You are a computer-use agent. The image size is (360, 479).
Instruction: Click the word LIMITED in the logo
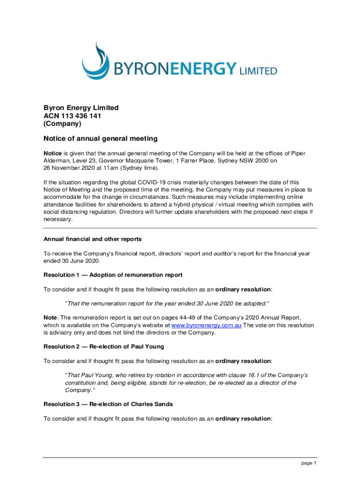tap(259, 72)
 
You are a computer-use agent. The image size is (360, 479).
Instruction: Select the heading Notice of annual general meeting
tap(101, 138)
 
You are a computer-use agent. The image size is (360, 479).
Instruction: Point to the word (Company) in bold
tap(62, 124)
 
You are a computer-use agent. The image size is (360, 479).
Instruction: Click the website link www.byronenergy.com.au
tap(206, 326)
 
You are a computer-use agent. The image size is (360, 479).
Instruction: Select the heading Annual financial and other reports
tap(93, 239)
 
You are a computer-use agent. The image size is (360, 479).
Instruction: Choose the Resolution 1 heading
tap(113, 275)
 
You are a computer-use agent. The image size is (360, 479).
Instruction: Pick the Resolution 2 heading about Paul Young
tap(104, 347)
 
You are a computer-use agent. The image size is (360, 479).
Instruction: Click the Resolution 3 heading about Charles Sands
tap(108, 404)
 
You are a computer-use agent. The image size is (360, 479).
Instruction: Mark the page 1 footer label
tap(309, 463)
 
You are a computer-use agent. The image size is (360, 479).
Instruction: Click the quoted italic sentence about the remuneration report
tap(167, 304)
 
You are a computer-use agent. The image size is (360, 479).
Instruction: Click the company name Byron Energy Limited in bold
tap(81, 108)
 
